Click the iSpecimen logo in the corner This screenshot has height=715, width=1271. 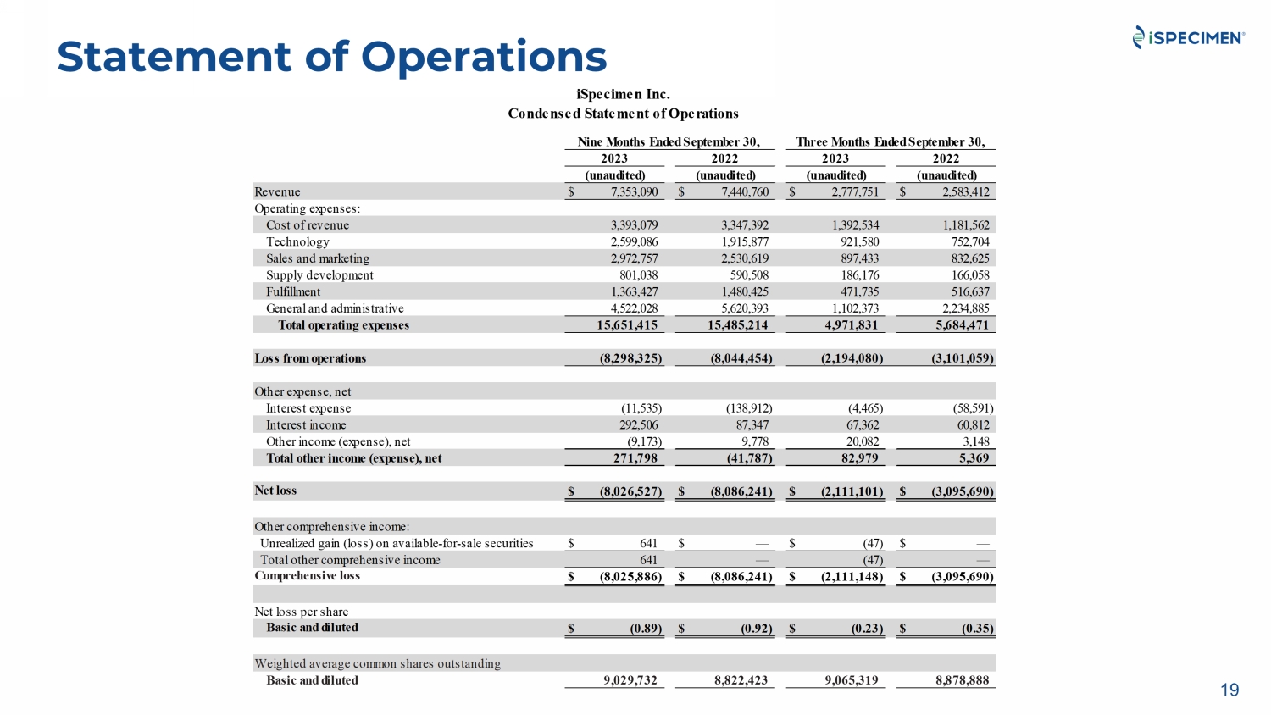pyautogui.click(x=1188, y=37)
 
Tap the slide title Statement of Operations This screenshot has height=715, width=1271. pyautogui.click(x=331, y=57)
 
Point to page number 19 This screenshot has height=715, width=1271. pyautogui.click(x=1229, y=690)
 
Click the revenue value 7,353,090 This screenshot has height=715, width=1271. pyautogui.click(x=634, y=192)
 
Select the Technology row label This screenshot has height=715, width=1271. pyautogui.click(x=297, y=242)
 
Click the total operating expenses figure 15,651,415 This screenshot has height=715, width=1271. pyautogui.click(x=626, y=325)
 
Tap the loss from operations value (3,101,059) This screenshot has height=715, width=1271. pyautogui.click(x=962, y=358)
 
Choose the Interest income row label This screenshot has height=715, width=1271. pyautogui.click(x=306, y=425)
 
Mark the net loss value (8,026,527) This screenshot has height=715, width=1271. pyautogui.click(x=630, y=491)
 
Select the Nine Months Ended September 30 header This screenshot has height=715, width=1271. pyautogui.click(x=669, y=142)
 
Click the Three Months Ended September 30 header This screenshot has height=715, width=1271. pyautogui.click(x=890, y=142)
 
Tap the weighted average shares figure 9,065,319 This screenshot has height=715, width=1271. pyautogui.click(x=851, y=680)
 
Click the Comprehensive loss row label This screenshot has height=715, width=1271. pyautogui.click(x=307, y=576)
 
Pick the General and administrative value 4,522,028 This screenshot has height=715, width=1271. pyautogui.click(x=634, y=309)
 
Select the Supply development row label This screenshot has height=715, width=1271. pyautogui.click(x=319, y=275)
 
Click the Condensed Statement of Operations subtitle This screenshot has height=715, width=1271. pyautogui.click(x=623, y=114)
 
